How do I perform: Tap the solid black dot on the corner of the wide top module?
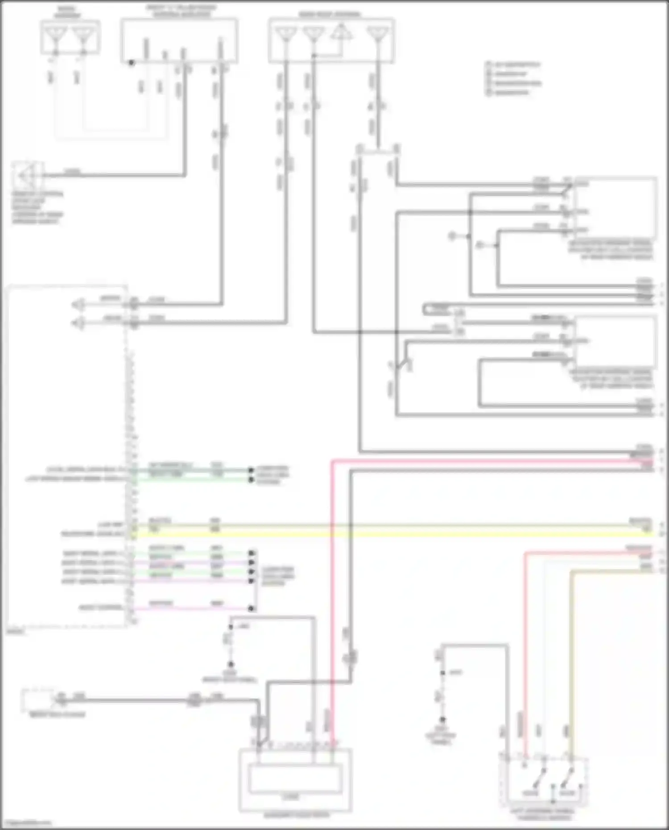click(131, 63)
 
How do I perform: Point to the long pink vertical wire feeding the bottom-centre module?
click(332, 580)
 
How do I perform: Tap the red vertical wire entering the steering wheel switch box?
click(525, 647)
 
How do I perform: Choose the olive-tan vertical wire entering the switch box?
click(571, 647)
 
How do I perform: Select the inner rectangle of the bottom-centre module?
click(296, 779)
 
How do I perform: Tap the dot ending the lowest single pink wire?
click(252, 608)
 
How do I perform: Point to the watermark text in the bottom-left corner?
click(26, 823)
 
